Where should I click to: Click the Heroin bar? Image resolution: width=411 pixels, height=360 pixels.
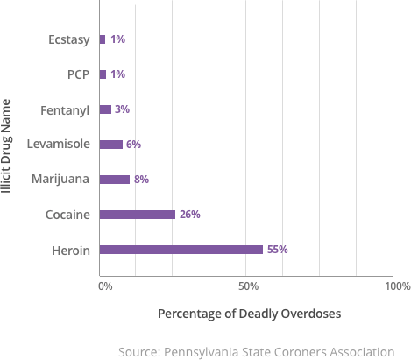(x=181, y=250)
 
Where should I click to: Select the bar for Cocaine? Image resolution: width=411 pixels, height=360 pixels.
(x=138, y=215)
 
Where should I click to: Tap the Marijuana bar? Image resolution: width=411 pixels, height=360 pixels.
(x=115, y=180)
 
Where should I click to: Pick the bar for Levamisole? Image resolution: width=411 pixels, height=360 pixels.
(x=111, y=145)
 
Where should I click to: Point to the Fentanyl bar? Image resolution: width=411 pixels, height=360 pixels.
(x=106, y=109)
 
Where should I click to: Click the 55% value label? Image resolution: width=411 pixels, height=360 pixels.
(x=278, y=250)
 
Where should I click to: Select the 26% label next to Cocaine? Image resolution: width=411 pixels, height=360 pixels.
(x=190, y=215)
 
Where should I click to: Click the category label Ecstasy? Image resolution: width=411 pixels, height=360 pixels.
(x=69, y=39)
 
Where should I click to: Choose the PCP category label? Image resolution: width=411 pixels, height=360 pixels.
(x=79, y=74)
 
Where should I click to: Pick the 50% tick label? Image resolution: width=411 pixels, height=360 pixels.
(x=248, y=286)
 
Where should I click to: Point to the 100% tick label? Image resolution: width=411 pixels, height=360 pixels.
(x=396, y=286)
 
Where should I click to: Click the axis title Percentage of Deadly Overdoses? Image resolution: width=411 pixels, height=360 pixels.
(x=249, y=313)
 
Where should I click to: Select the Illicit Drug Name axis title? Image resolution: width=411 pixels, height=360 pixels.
(x=8, y=145)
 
